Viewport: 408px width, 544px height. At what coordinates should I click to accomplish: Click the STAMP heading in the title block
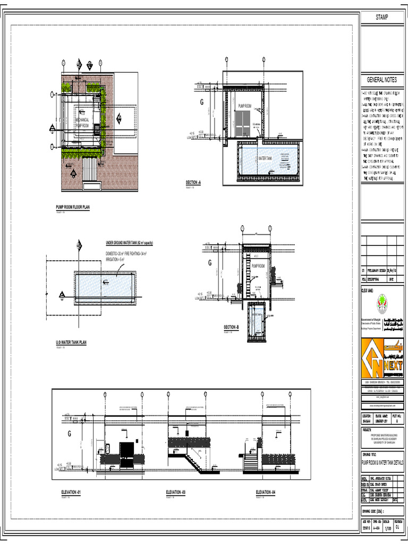[381, 18]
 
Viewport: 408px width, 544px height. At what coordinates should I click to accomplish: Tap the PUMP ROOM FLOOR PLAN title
[73, 207]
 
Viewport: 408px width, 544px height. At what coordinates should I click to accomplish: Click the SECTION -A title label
[193, 182]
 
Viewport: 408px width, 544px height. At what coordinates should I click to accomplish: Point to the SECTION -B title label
[231, 327]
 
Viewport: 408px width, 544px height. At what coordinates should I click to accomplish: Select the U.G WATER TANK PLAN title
[71, 343]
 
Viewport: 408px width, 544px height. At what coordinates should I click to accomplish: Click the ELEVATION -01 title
[72, 494]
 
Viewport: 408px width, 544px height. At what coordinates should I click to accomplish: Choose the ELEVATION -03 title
[175, 494]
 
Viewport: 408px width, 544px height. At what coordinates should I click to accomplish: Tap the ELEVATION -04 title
[266, 494]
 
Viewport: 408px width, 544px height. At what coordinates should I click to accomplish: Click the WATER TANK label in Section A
[265, 158]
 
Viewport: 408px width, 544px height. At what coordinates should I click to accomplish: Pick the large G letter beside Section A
[201, 103]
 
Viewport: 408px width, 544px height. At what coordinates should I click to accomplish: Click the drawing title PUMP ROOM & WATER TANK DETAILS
[382, 463]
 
